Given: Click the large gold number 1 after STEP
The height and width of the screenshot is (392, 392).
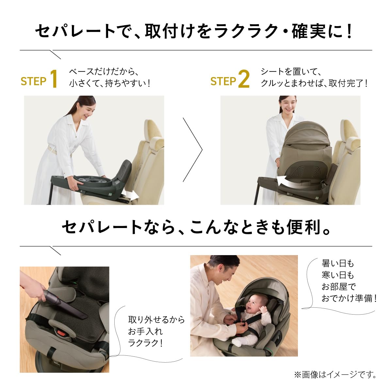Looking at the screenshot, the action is (x=54, y=79).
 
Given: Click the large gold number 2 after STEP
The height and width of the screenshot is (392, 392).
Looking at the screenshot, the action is (x=244, y=79).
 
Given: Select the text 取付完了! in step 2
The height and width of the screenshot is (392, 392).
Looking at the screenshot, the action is (x=348, y=83).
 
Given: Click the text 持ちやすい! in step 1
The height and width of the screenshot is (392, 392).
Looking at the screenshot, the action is (x=127, y=83).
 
